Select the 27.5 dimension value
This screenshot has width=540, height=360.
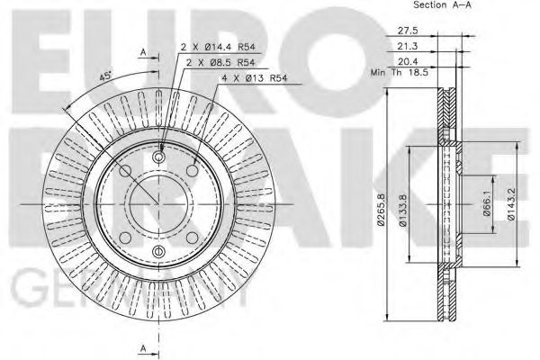click(x=409, y=30)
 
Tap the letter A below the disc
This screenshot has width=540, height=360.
click(x=143, y=346)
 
